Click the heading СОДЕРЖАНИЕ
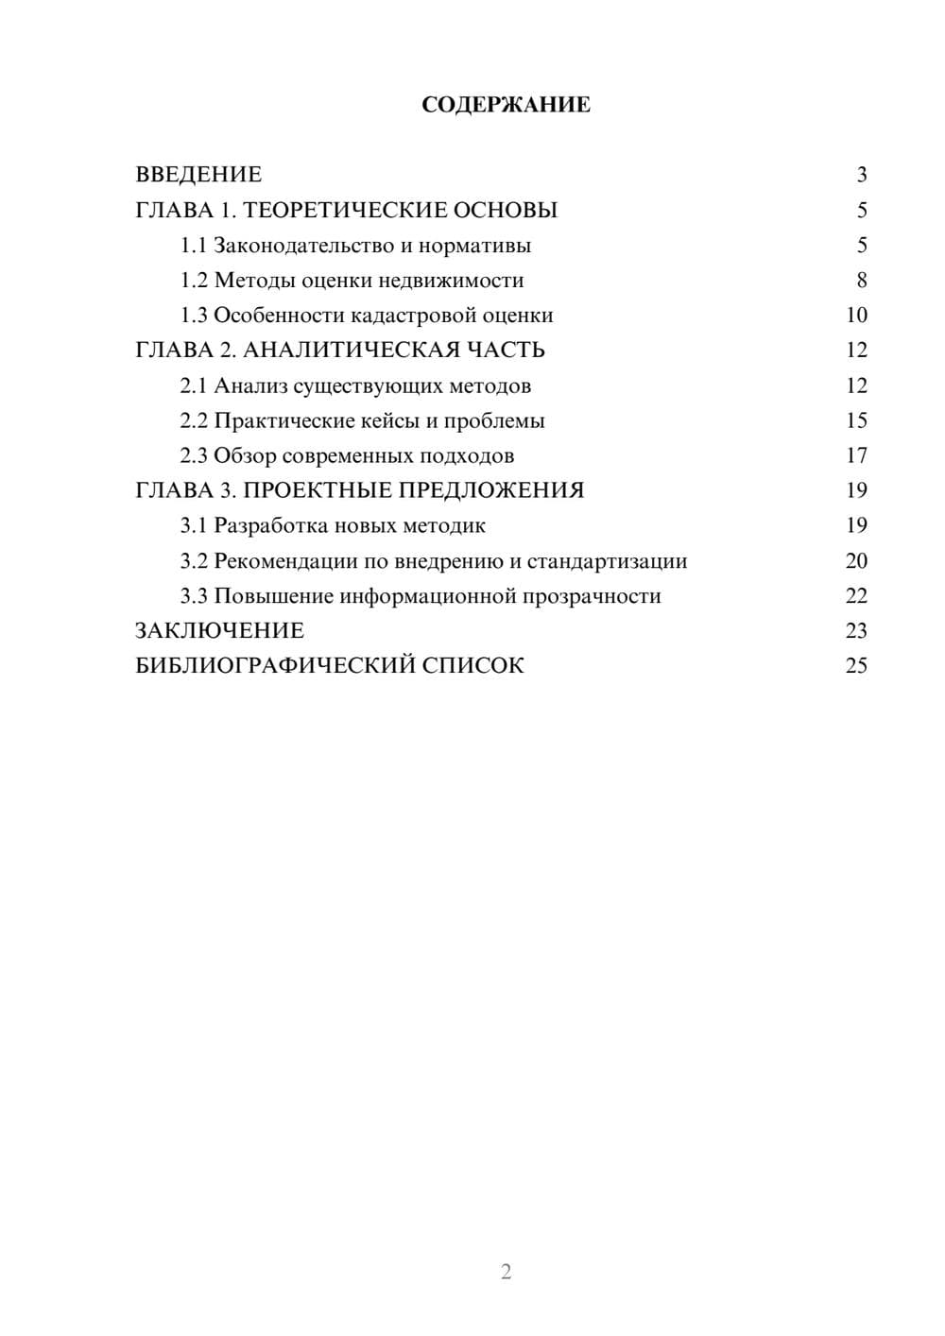[x=506, y=105]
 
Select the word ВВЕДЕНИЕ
[x=198, y=175]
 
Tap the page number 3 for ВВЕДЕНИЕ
[x=861, y=175]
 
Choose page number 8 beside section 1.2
[x=861, y=281]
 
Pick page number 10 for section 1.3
[x=856, y=316]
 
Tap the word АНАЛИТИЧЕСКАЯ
[x=347, y=351]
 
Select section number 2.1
[x=194, y=385]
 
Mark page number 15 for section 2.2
[x=856, y=420]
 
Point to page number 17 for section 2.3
[x=856, y=455]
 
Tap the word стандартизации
[x=607, y=561]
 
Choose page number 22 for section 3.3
[x=856, y=596]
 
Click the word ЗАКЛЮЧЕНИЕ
[x=219, y=631]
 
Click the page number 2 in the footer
[x=506, y=1272]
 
